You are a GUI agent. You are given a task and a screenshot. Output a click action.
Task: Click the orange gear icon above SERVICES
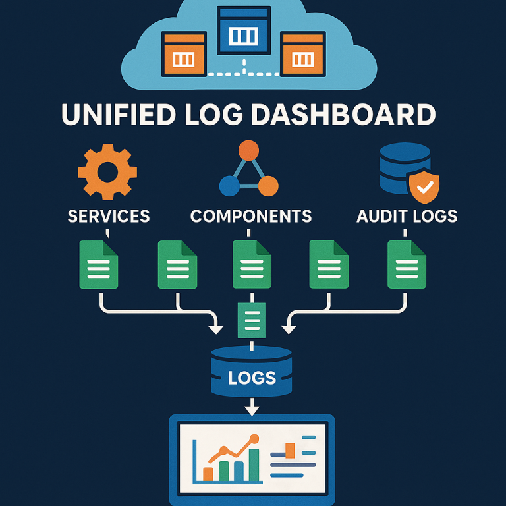(107, 173)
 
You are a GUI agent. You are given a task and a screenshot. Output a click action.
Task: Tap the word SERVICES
(109, 215)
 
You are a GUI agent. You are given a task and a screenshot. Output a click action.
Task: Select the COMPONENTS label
(251, 215)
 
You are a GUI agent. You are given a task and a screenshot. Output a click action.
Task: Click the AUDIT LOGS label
(407, 215)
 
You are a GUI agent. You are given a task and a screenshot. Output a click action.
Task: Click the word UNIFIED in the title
(115, 113)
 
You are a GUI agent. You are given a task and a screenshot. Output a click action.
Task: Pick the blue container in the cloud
(244, 30)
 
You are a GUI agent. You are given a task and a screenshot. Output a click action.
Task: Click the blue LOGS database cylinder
(251, 373)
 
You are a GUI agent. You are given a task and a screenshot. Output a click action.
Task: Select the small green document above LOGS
(250, 320)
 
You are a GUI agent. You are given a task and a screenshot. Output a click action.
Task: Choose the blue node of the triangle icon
(229, 186)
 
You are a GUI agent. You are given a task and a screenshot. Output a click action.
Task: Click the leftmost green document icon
(99, 264)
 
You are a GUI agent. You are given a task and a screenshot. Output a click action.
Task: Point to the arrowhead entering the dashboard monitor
(251, 410)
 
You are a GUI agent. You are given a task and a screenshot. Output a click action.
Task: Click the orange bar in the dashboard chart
(208, 473)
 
